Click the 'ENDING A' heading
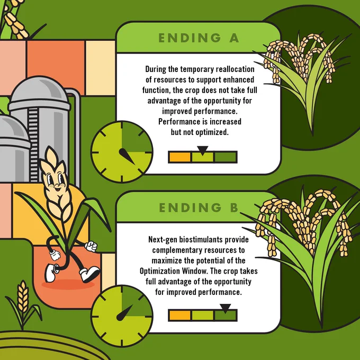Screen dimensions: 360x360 (x=199, y=38)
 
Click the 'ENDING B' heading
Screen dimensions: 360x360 (x=199, y=208)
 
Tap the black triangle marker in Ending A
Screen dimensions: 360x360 (x=202, y=150)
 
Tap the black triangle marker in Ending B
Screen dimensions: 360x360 (x=225, y=308)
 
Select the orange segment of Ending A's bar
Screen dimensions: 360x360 (x=180, y=157)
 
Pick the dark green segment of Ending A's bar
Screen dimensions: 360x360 (x=225, y=157)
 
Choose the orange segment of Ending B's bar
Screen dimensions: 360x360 (x=180, y=315)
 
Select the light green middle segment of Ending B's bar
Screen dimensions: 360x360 (x=202, y=315)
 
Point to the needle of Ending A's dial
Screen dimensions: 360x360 (x=127, y=156)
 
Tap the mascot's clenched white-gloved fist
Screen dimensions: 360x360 (x=91, y=246)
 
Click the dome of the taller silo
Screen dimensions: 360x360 (x=40, y=90)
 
